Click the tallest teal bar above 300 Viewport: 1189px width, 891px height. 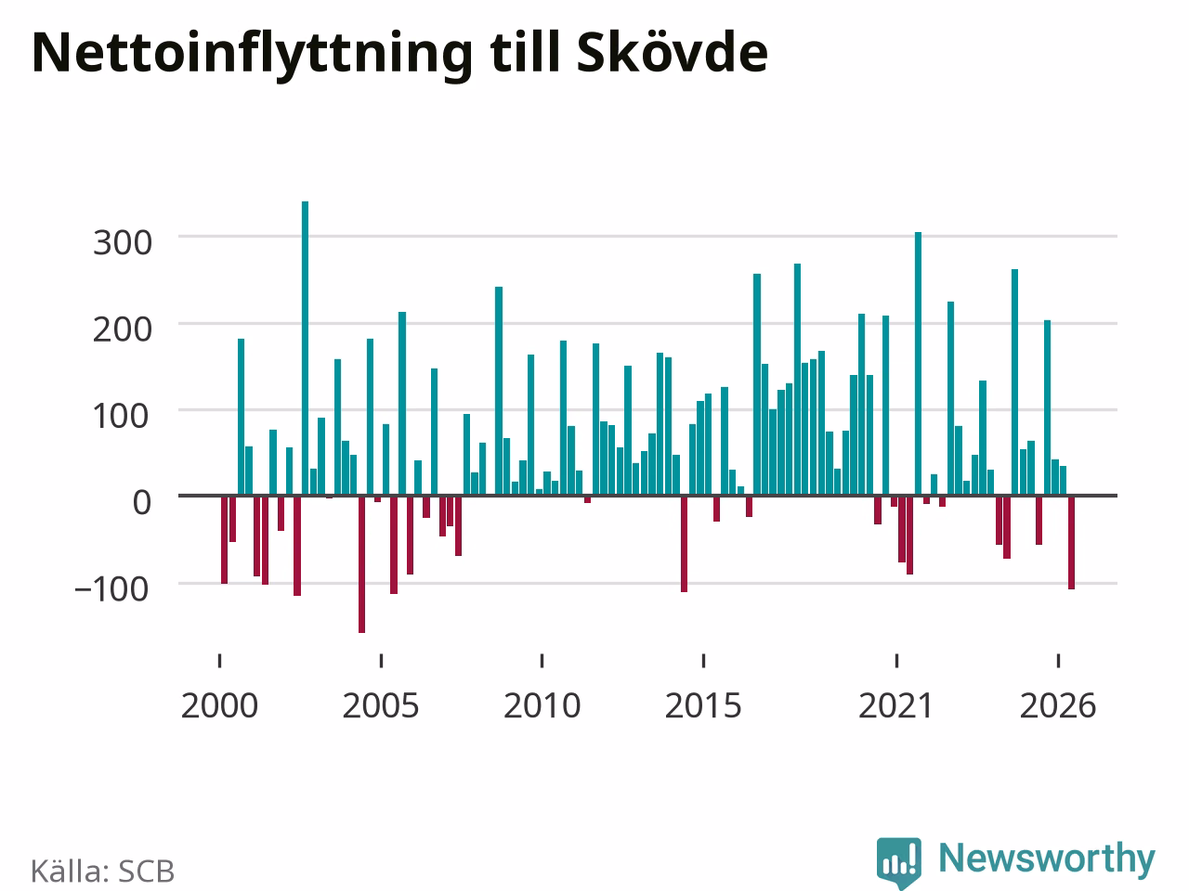click(x=305, y=348)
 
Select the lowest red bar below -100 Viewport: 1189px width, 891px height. click(x=362, y=563)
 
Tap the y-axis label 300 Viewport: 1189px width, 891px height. click(x=123, y=243)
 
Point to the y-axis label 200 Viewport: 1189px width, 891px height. click(x=123, y=329)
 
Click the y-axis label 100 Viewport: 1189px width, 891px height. click(x=121, y=416)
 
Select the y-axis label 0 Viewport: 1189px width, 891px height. click(x=142, y=502)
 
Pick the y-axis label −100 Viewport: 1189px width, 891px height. click(x=111, y=589)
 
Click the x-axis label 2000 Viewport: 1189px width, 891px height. click(x=219, y=706)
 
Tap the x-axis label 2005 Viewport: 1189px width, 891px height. click(x=381, y=706)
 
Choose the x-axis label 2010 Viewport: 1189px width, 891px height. click(x=542, y=706)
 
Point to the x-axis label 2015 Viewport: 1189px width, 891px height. click(x=703, y=706)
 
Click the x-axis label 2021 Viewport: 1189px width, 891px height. click(x=896, y=706)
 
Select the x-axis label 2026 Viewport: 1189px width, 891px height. click(x=1058, y=706)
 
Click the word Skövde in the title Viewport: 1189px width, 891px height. click(x=673, y=53)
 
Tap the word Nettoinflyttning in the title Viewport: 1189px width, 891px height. click(x=252, y=57)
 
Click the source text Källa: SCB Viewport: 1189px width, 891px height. click(x=102, y=871)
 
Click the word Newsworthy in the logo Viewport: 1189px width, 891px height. click(x=1047, y=859)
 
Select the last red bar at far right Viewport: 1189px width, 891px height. click(x=1071, y=542)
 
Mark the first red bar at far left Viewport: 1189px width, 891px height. click(x=224, y=539)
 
